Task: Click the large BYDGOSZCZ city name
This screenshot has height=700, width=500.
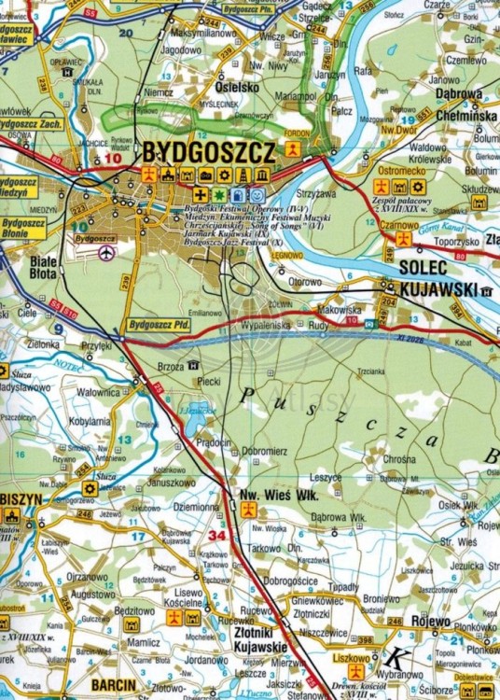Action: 209,152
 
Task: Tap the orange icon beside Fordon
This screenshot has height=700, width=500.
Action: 293,148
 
